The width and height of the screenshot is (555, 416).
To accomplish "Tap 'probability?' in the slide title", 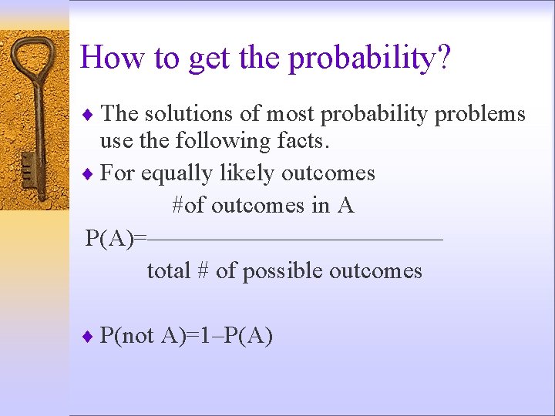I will pyautogui.click(x=369, y=59).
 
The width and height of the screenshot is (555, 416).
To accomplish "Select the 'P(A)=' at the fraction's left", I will pyautogui.click(x=115, y=238).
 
